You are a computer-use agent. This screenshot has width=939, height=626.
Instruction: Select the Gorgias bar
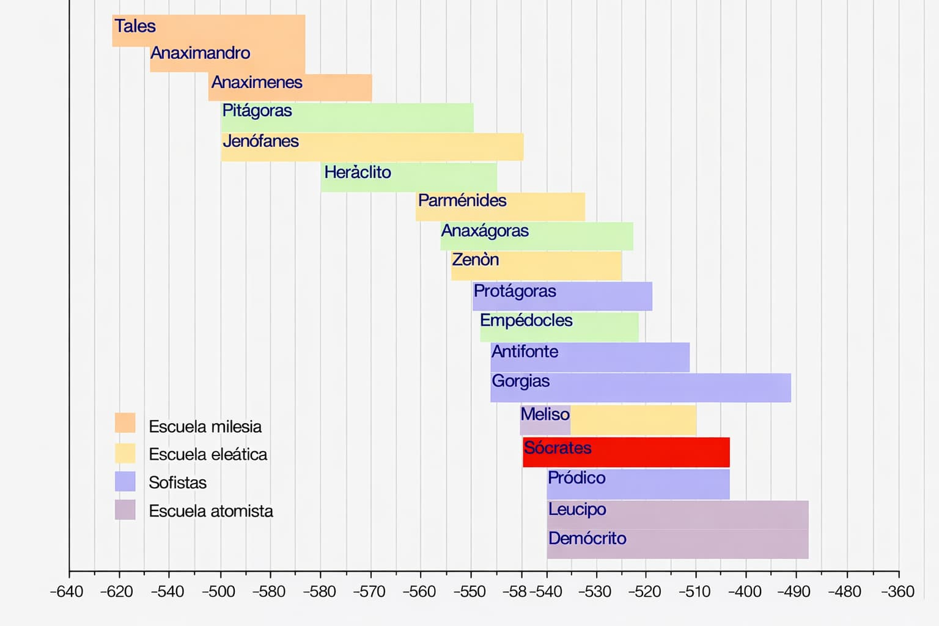click(x=672, y=388)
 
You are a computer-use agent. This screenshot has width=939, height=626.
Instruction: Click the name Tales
click(x=135, y=26)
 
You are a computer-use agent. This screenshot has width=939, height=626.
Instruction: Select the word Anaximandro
click(x=201, y=53)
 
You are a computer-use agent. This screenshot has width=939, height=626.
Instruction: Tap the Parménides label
click(x=462, y=201)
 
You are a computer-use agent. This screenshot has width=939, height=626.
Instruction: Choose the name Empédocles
click(x=526, y=320)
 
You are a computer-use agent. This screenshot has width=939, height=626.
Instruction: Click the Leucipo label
click(x=577, y=509)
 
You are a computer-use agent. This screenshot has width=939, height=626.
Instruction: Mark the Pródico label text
click(x=576, y=478)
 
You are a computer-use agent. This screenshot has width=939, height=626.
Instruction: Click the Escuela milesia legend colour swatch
click(x=125, y=423)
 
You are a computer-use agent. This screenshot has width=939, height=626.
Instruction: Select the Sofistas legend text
click(x=178, y=483)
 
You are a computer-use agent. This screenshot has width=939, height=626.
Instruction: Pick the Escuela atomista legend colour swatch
click(x=125, y=510)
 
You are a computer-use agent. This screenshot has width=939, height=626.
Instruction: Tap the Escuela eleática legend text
click(x=208, y=455)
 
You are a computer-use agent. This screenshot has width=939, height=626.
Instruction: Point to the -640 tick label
click(x=66, y=592)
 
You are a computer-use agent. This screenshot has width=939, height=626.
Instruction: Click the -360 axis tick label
click(x=897, y=592)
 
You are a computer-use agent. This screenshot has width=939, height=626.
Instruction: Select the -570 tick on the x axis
click(x=369, y=592)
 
